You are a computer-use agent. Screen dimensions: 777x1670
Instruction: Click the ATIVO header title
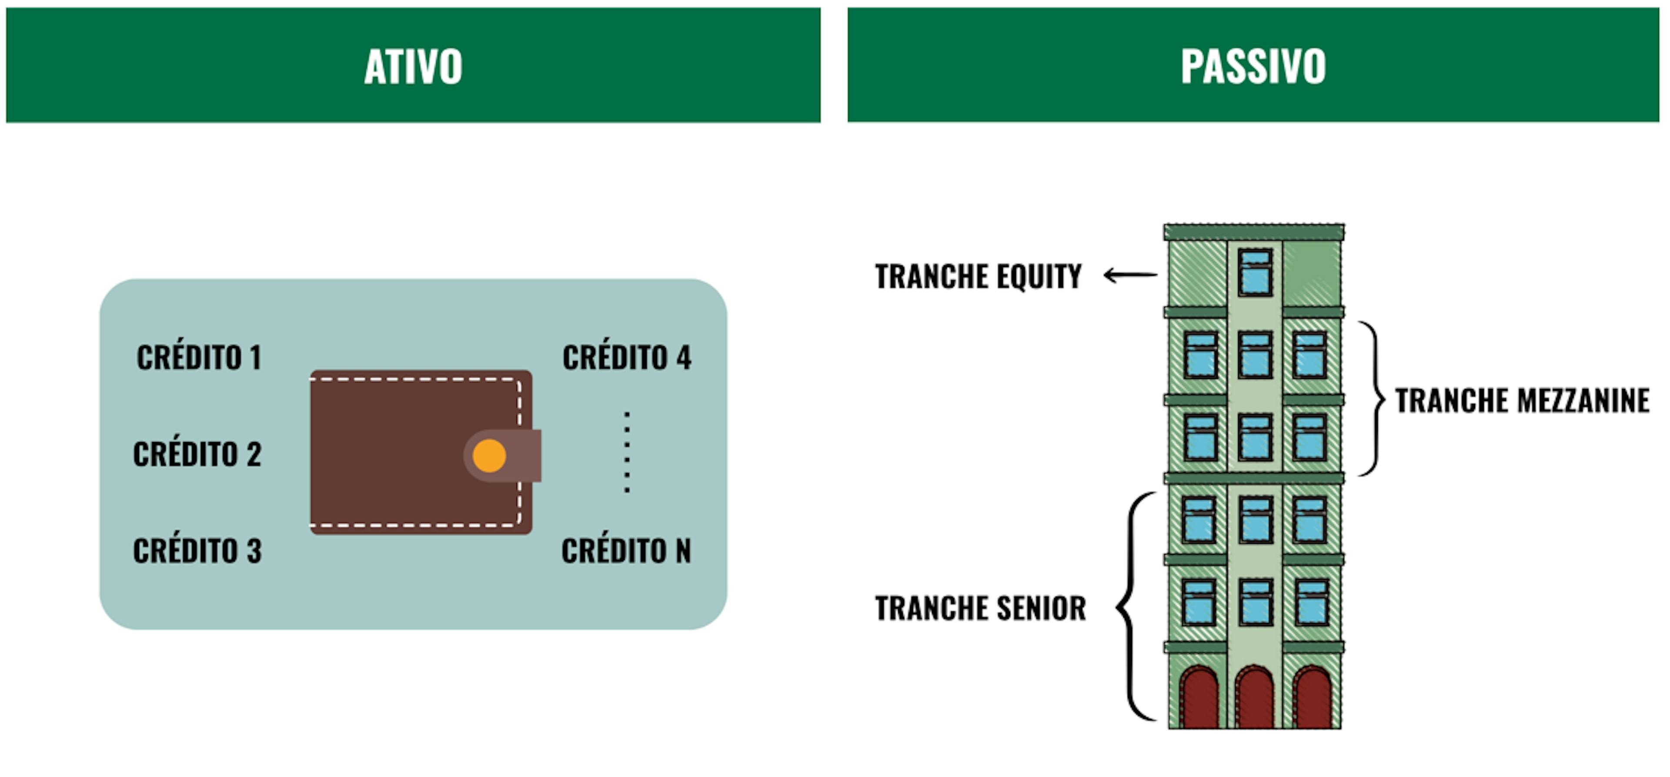[413, 66]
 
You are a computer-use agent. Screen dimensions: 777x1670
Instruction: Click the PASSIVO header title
[1252, 66]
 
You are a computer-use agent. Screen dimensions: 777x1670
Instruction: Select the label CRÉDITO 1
[199, 357]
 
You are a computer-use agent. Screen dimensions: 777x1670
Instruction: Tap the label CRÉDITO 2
[197, 454]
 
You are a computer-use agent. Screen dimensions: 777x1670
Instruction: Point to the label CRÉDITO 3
[197, 551]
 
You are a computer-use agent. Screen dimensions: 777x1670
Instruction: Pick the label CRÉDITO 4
[627, 357]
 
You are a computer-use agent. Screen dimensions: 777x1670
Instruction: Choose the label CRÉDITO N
[626, 551]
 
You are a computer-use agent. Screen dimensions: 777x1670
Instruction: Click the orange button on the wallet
[489, 455]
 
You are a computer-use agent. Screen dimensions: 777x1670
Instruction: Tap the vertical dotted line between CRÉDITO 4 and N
[627, 452]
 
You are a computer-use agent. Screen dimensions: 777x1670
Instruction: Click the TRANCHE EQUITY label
[978, 276]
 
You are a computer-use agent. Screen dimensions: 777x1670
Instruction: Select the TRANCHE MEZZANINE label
[1522, 400]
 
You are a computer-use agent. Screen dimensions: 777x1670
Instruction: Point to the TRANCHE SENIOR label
[980, 608]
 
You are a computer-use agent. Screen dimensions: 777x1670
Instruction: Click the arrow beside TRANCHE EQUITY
[1130, 275]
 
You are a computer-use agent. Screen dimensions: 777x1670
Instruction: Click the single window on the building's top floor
[1255, 272]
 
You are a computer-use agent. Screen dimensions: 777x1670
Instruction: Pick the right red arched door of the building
[1312, 699]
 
